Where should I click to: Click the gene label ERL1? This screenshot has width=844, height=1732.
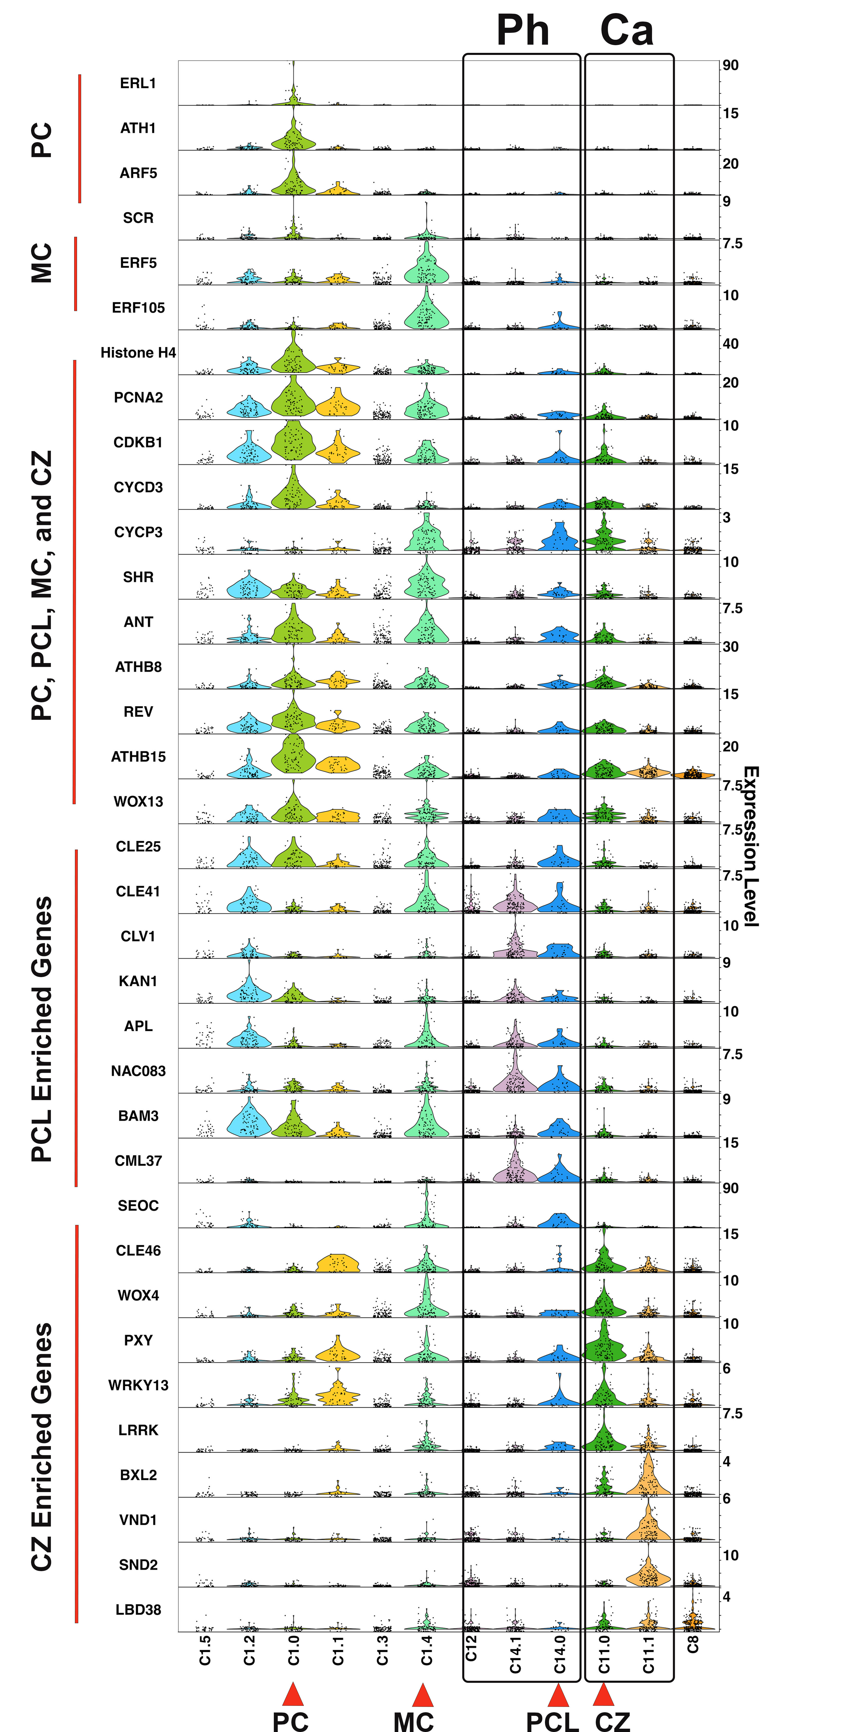pyautogui.click(x=138, y=83)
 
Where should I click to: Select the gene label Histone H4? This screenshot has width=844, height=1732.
pyautogui.click(x=138, y=353)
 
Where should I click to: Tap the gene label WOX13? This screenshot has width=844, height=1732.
pyautogui.click(x=138, y=801)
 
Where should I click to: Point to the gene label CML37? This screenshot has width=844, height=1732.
pyautogui.click(x=138, y=1161)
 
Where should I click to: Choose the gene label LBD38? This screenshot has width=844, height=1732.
pyautogui.click(x=138, y=1610)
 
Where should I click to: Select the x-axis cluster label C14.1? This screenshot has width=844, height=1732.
pyautogui.click(x=515, y=1655)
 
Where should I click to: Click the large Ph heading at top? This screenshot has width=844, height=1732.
pyautogui.click(x=523, y=30)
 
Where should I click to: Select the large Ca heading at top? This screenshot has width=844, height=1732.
pyautogui.click(x=626, y=30)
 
